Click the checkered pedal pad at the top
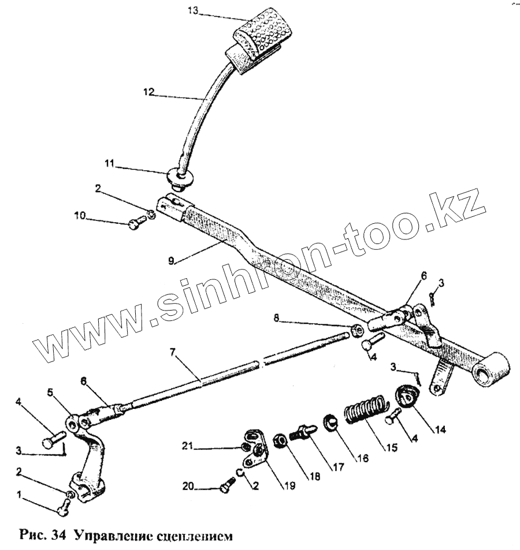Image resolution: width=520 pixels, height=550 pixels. click(264, 31)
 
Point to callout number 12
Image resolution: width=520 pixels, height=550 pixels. click(150, 91)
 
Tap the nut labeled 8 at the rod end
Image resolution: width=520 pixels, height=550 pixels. click(358, 331)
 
